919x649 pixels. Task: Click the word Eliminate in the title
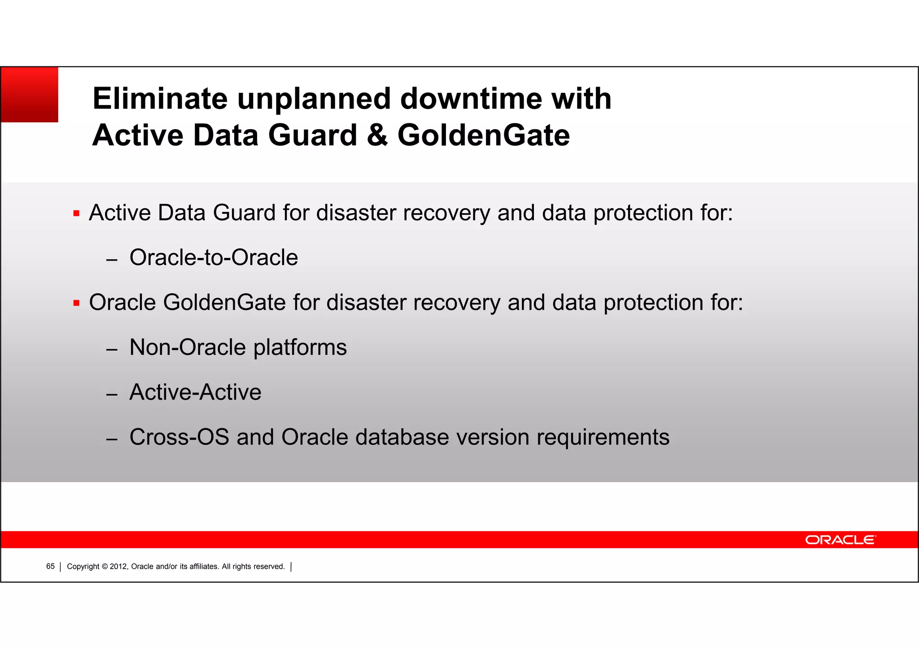coord(160,99)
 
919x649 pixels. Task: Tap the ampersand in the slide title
coord(377,135)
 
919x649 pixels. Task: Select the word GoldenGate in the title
coord(483,135)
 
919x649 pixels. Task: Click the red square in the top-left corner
coord(30,95)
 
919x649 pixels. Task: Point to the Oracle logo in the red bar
coord(840,540)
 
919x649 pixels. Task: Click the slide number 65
coord(50,566)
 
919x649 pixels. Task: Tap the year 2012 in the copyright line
coord(119,566)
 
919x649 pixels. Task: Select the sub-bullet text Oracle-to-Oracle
coord(214,257)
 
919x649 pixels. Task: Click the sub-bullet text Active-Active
coord(195,392)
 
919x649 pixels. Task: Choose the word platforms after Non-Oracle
coord(300,348)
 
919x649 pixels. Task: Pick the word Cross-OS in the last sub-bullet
coord(179,437)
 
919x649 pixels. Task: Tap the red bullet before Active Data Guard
coord(76,213)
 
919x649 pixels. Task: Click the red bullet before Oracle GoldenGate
coord(76,303)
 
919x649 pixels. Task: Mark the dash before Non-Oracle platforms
coord(112,350)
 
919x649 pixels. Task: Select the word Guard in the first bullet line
coord(244,213)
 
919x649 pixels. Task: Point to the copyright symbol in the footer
coord(105,566)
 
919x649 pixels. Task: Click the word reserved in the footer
coord(269,566)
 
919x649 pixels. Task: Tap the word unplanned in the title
coord(314,100)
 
